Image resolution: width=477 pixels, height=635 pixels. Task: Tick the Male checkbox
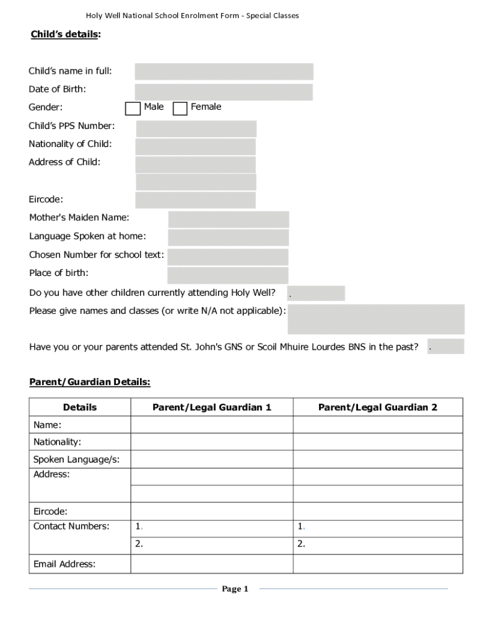133,109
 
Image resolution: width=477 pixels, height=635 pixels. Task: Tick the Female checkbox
180,109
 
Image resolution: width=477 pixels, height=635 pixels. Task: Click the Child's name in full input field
224,71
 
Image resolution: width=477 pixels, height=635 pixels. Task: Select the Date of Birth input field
224,92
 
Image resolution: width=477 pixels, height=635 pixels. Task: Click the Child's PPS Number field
196,128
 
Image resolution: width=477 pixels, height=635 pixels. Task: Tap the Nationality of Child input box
195,146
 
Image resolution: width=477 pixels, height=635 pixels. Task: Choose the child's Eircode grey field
195,200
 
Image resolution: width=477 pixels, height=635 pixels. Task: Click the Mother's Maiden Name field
228,219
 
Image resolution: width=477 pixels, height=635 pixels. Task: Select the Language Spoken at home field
228,238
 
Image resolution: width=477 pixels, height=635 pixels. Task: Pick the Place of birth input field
227,275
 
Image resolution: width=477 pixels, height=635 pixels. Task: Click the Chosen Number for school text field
227,256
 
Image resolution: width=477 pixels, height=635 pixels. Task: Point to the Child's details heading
65,35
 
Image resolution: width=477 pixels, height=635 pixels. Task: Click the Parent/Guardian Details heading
90,382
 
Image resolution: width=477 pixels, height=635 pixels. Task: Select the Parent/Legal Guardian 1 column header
212,407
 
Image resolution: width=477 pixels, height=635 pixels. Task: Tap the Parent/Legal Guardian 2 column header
378,407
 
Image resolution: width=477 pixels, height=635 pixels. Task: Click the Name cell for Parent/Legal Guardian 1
212,425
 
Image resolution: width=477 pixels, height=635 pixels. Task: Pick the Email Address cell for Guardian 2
378,564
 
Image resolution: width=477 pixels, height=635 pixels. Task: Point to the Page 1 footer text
235,589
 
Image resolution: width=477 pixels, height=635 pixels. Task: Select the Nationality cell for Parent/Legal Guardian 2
378,442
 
